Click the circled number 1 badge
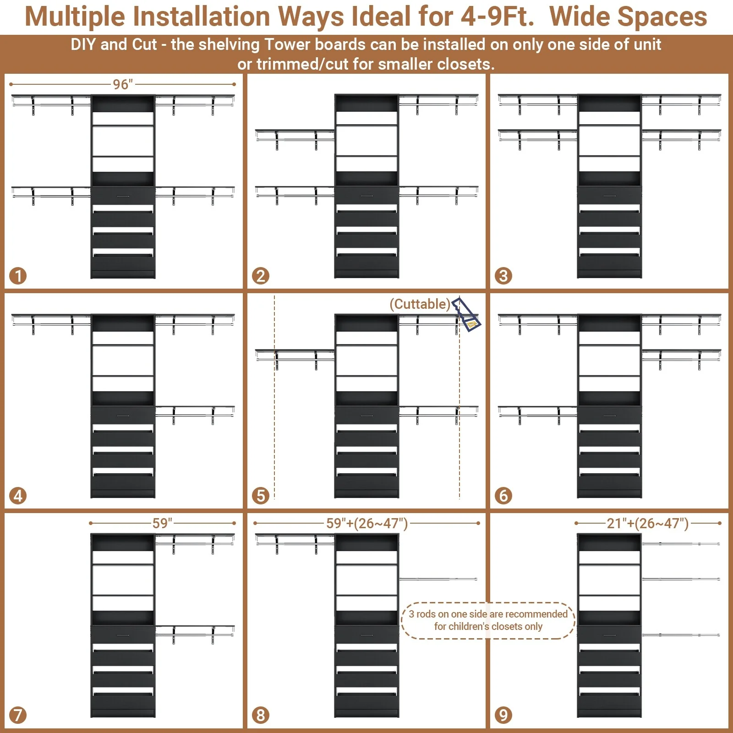18,276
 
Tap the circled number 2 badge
261,276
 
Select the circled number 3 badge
503,276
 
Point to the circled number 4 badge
18,495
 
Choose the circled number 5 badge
261,495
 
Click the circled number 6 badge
503,495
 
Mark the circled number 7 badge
18,715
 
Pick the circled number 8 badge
261,715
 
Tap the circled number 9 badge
503,715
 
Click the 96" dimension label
123,84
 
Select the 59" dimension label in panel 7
162,523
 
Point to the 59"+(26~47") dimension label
366,523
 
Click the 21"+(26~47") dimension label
647,523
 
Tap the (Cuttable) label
420,304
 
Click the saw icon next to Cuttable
466,315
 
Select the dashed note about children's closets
488,620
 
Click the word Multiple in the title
74,17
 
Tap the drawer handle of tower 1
123,196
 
